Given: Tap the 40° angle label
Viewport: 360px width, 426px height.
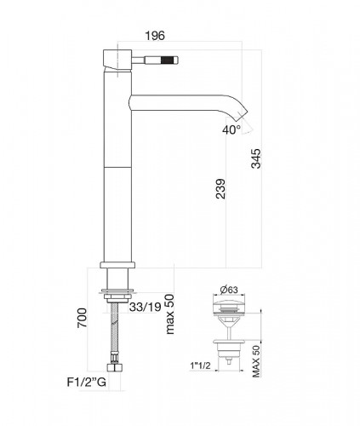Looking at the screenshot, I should (232, 130).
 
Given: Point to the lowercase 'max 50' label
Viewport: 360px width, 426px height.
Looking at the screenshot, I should (169, 314).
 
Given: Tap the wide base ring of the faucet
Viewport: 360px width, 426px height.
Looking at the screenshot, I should (116, 266).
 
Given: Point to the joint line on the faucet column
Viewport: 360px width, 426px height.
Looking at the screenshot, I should (116, 166).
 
